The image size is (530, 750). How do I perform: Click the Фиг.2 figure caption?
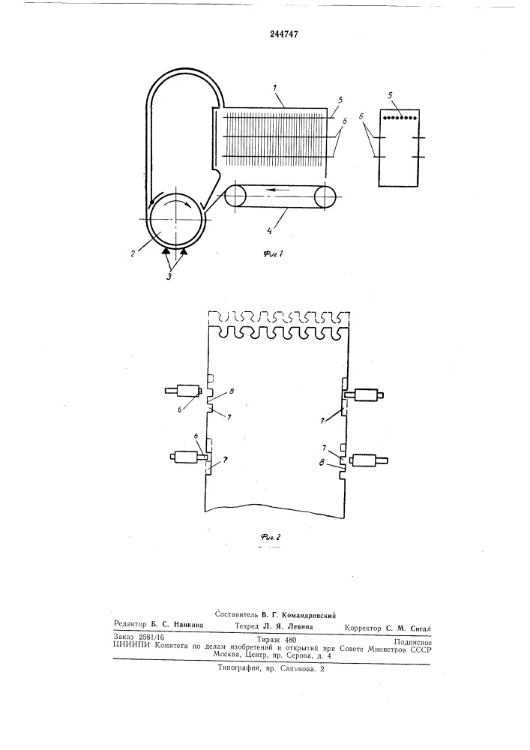(x=270, y=537)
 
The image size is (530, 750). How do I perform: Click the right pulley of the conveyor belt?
(x=325, y=196)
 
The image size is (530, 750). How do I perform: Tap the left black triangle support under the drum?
(x=166, y=250)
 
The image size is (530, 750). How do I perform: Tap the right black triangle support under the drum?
(x=184, y=250)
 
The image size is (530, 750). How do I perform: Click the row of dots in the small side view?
(x=400, y=117)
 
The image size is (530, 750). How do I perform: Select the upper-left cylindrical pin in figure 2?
(x=182, y=391)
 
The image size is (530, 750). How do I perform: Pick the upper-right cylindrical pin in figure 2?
(x=364, y=395)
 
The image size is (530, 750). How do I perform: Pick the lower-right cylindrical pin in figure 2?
(x=369, y=460)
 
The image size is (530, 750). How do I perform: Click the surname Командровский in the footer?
(x=310, y=616)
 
